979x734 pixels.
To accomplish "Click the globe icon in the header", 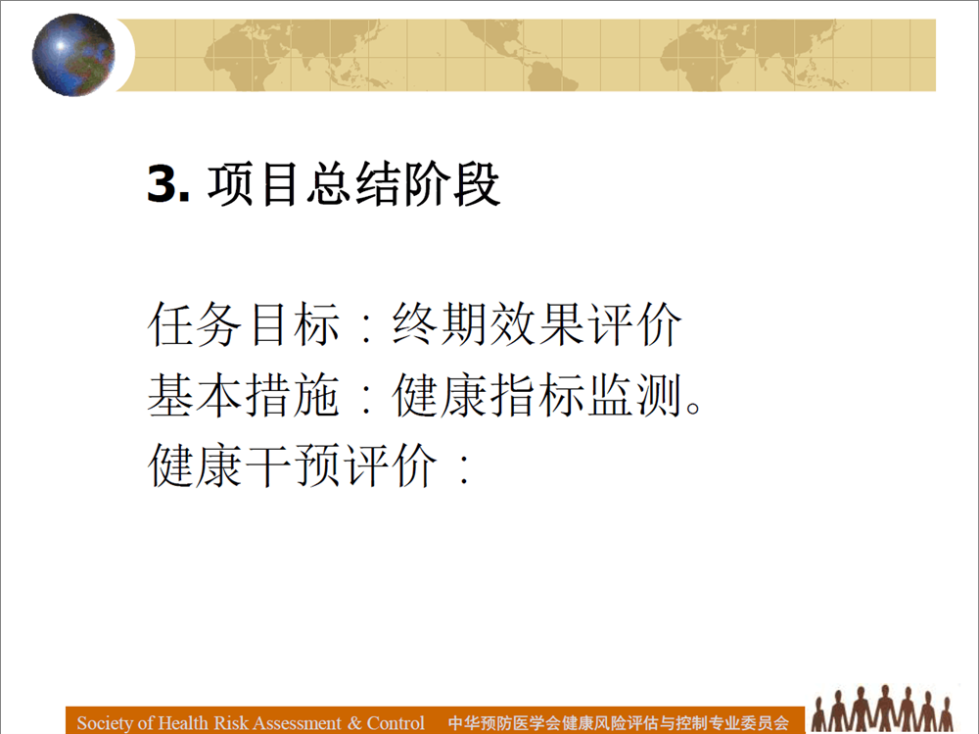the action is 73,55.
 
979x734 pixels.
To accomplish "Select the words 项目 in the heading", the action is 253,184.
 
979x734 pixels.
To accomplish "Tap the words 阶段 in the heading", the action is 452,184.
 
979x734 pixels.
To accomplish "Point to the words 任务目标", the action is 244,323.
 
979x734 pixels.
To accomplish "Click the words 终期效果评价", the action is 536,323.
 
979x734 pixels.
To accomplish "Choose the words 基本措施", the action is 244,395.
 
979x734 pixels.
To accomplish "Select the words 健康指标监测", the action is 536,395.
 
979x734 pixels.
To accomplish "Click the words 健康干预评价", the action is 292,465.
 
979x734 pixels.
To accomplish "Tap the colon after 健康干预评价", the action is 464,468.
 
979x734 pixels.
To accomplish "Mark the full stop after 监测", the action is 693,407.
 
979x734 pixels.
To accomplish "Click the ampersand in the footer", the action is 354,723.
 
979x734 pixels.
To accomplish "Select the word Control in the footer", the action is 396,723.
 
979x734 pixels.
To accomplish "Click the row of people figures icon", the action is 882,710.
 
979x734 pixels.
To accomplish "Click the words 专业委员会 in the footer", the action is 748,723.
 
